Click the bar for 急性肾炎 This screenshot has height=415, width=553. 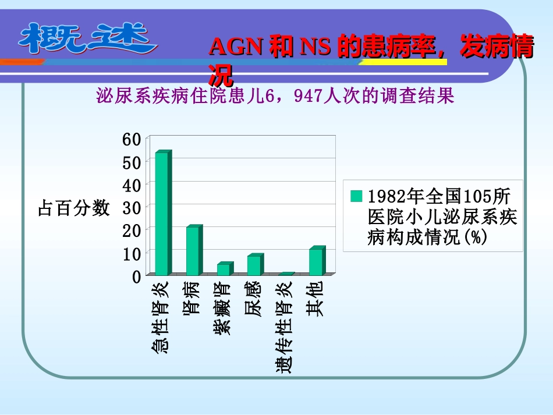(x=162, y=213)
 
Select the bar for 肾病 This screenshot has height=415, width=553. (x=193, y=251)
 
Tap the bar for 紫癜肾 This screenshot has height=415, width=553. (x=224, y=269)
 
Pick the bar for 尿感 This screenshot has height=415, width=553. (x=254, y=265)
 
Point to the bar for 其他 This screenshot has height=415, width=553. (x=316, y=261)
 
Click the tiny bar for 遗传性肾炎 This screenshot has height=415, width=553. (x=285, y=274)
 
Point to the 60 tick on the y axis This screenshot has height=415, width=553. (x=132, y=139)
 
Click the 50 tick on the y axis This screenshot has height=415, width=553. (x=132, y=162)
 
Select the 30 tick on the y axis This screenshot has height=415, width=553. (x=132, y=208)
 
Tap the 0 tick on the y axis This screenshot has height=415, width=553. (x=136, y=277)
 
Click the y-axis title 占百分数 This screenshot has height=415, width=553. (x=73, y=208)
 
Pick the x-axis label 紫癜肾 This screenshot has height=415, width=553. (x=222, y=309)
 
